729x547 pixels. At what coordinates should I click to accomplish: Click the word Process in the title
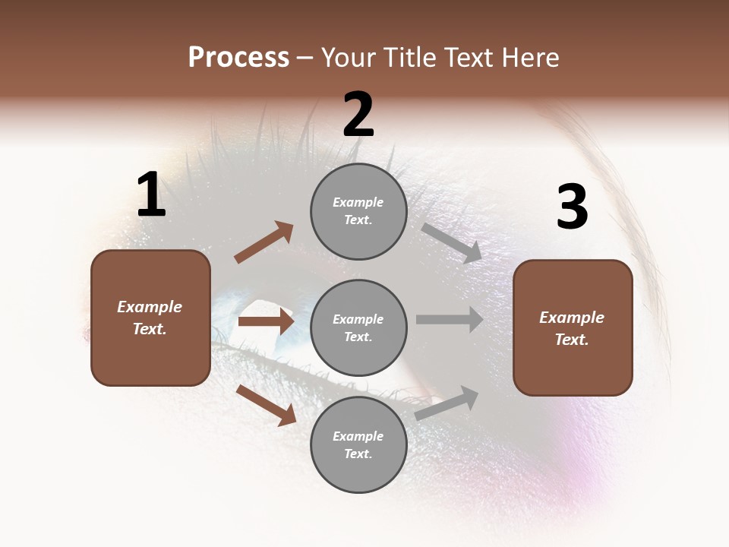click(x=238, y=58)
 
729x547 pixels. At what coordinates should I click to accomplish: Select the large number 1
click(x=151, y=195)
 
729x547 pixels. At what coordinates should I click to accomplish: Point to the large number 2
click(x=358, y=115)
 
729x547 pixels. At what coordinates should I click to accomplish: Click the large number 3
click(x=572, y=207)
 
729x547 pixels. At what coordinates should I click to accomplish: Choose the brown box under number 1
click(x=150, y=318)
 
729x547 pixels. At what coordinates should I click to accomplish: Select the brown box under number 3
click(x=573, y=327)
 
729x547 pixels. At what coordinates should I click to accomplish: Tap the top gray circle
click(x=358, y=211)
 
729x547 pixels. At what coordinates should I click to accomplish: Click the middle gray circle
click(x=358, y=327)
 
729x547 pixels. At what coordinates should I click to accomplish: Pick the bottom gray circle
click(x=358, y=444)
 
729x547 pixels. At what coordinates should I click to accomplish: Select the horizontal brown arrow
click(x=266, y=321)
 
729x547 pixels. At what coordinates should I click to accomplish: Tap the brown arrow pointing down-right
click(x=266, y=404)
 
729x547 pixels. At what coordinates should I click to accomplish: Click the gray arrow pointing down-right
click(x=452, y=243)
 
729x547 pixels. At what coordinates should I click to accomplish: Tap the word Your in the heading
click(x=347, y=58)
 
